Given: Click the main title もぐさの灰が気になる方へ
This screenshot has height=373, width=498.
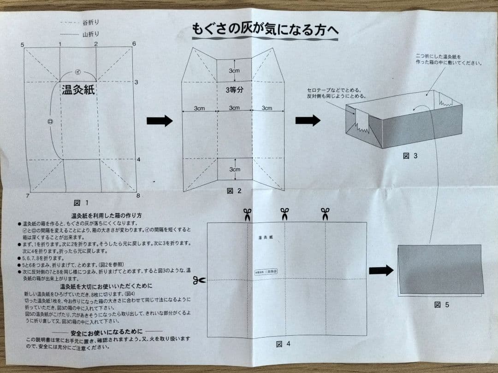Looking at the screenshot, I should (x=265, y=30).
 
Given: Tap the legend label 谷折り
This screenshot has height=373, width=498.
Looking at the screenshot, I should (x=91, y=22).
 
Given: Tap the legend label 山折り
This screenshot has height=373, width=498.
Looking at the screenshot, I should (x=91, y=34).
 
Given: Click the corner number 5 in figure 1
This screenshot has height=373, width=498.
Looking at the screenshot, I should (x=22, y=45).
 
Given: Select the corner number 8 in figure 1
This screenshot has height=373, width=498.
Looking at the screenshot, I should (x=138, y=195).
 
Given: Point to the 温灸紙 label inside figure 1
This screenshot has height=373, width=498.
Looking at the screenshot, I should (x=78, y=90).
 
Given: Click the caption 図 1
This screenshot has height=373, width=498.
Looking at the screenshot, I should (x=80, y=203).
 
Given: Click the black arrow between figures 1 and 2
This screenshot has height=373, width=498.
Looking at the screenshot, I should (x=159, y=121).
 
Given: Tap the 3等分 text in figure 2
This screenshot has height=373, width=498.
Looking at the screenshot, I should (x=234, y=90).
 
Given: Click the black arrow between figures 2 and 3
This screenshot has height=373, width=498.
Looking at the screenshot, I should (x=308, y=121).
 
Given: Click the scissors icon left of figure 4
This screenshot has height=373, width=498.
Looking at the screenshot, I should (x=199, y=280).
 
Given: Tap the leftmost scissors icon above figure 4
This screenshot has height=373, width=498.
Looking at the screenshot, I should (x=247, y=214).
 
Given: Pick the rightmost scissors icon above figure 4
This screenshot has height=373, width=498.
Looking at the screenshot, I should (x=325, y=214).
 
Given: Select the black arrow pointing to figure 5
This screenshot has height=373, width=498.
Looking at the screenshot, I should (x=381, y=270).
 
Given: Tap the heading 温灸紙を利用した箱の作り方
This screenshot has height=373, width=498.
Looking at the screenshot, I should (x=106, y=216).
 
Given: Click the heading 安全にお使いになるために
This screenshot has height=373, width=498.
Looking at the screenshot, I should (x=107, y=331).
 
